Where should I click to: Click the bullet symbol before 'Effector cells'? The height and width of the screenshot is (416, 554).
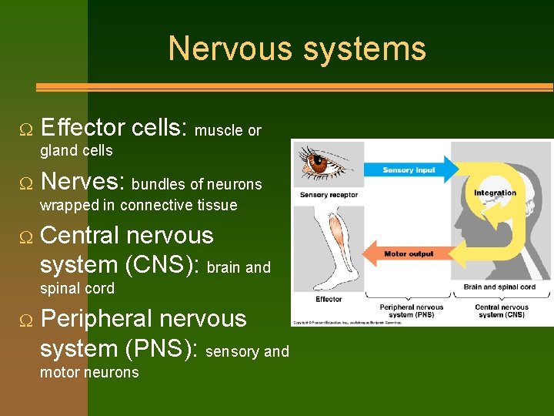[26, 129]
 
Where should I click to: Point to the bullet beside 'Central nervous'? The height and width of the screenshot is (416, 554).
[26, 236]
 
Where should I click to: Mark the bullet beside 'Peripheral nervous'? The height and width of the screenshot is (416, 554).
[26, 320]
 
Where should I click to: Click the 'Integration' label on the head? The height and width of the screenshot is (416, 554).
[495, 193]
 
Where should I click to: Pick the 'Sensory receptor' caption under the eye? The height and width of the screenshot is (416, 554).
[329, 195]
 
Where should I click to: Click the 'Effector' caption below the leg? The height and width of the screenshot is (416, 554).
[329, 299]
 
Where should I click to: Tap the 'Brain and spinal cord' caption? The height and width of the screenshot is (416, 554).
[499, 287]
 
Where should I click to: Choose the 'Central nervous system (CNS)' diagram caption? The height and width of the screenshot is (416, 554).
[500, 310]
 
